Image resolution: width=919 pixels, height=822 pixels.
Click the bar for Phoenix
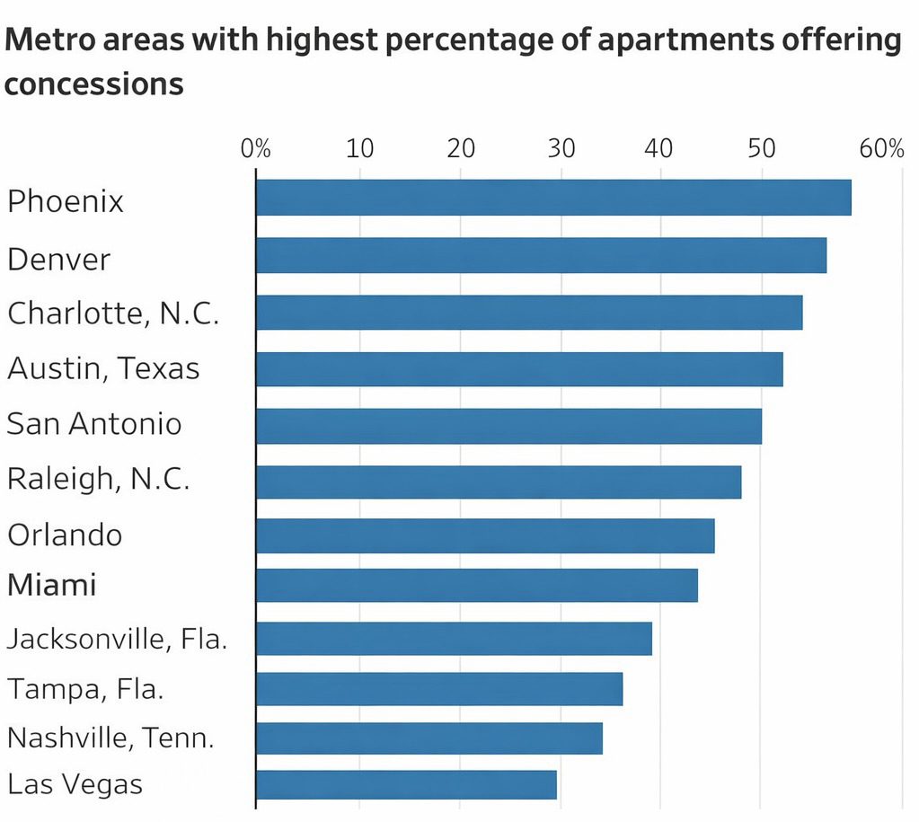pyautogui.click(x=553, y=198)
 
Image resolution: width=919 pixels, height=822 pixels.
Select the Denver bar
pyautogui.click(x=541, y=255)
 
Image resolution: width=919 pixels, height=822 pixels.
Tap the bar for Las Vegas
pyautogui.click(x=406, y=784)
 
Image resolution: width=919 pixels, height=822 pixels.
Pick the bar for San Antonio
pyautogui.click(x=508, y=425)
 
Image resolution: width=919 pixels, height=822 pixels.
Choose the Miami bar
pyautogui.click(x=476, y=585)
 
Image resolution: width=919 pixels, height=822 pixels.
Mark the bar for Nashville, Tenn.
pyautogui.click(x=429, y=738)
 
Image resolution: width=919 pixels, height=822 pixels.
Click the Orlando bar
pyautogui.click(x=485, y=535)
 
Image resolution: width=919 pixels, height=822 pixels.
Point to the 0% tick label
pyautogui.click(x=255, y=148)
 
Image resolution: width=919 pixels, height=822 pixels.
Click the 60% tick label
pyautogui.click(x=881, y=148)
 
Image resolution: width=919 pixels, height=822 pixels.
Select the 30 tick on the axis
pyautogui.click(x=561, y=148)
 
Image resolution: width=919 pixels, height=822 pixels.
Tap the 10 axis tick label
pyautogui.click(x=359, y=148)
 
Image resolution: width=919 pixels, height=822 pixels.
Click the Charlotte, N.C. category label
pyautogui.click(x=113, y=314)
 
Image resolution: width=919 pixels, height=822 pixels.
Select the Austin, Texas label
pyautogui.click(x=103, y=368)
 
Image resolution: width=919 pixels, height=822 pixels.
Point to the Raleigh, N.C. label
pyautogui.click(x=98, y=479)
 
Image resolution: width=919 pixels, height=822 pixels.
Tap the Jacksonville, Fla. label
pyautogui.click(x=117, y=640)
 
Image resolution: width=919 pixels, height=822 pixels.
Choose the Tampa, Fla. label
pyautogui.click(x=85, y=689)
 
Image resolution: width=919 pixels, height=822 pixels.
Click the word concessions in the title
pyautogui.click(x=94, y=84)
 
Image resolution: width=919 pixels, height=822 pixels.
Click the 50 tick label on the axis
pyautogui.click(x=762, y=148)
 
